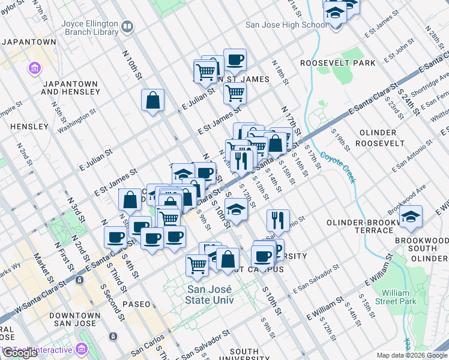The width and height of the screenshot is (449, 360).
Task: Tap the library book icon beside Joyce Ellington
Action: [x=127, y=26]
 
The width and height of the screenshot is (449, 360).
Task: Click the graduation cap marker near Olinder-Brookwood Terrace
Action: [x=411, y=217]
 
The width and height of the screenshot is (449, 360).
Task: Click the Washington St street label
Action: [x=76, y=118]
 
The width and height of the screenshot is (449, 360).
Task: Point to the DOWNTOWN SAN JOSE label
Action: [x=74, y=319]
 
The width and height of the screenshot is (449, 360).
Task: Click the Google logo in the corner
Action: [x=19, y=353]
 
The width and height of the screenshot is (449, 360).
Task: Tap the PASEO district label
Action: [x=136, y=304]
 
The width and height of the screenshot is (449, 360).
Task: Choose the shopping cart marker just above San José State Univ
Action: [x=197, y=264]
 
